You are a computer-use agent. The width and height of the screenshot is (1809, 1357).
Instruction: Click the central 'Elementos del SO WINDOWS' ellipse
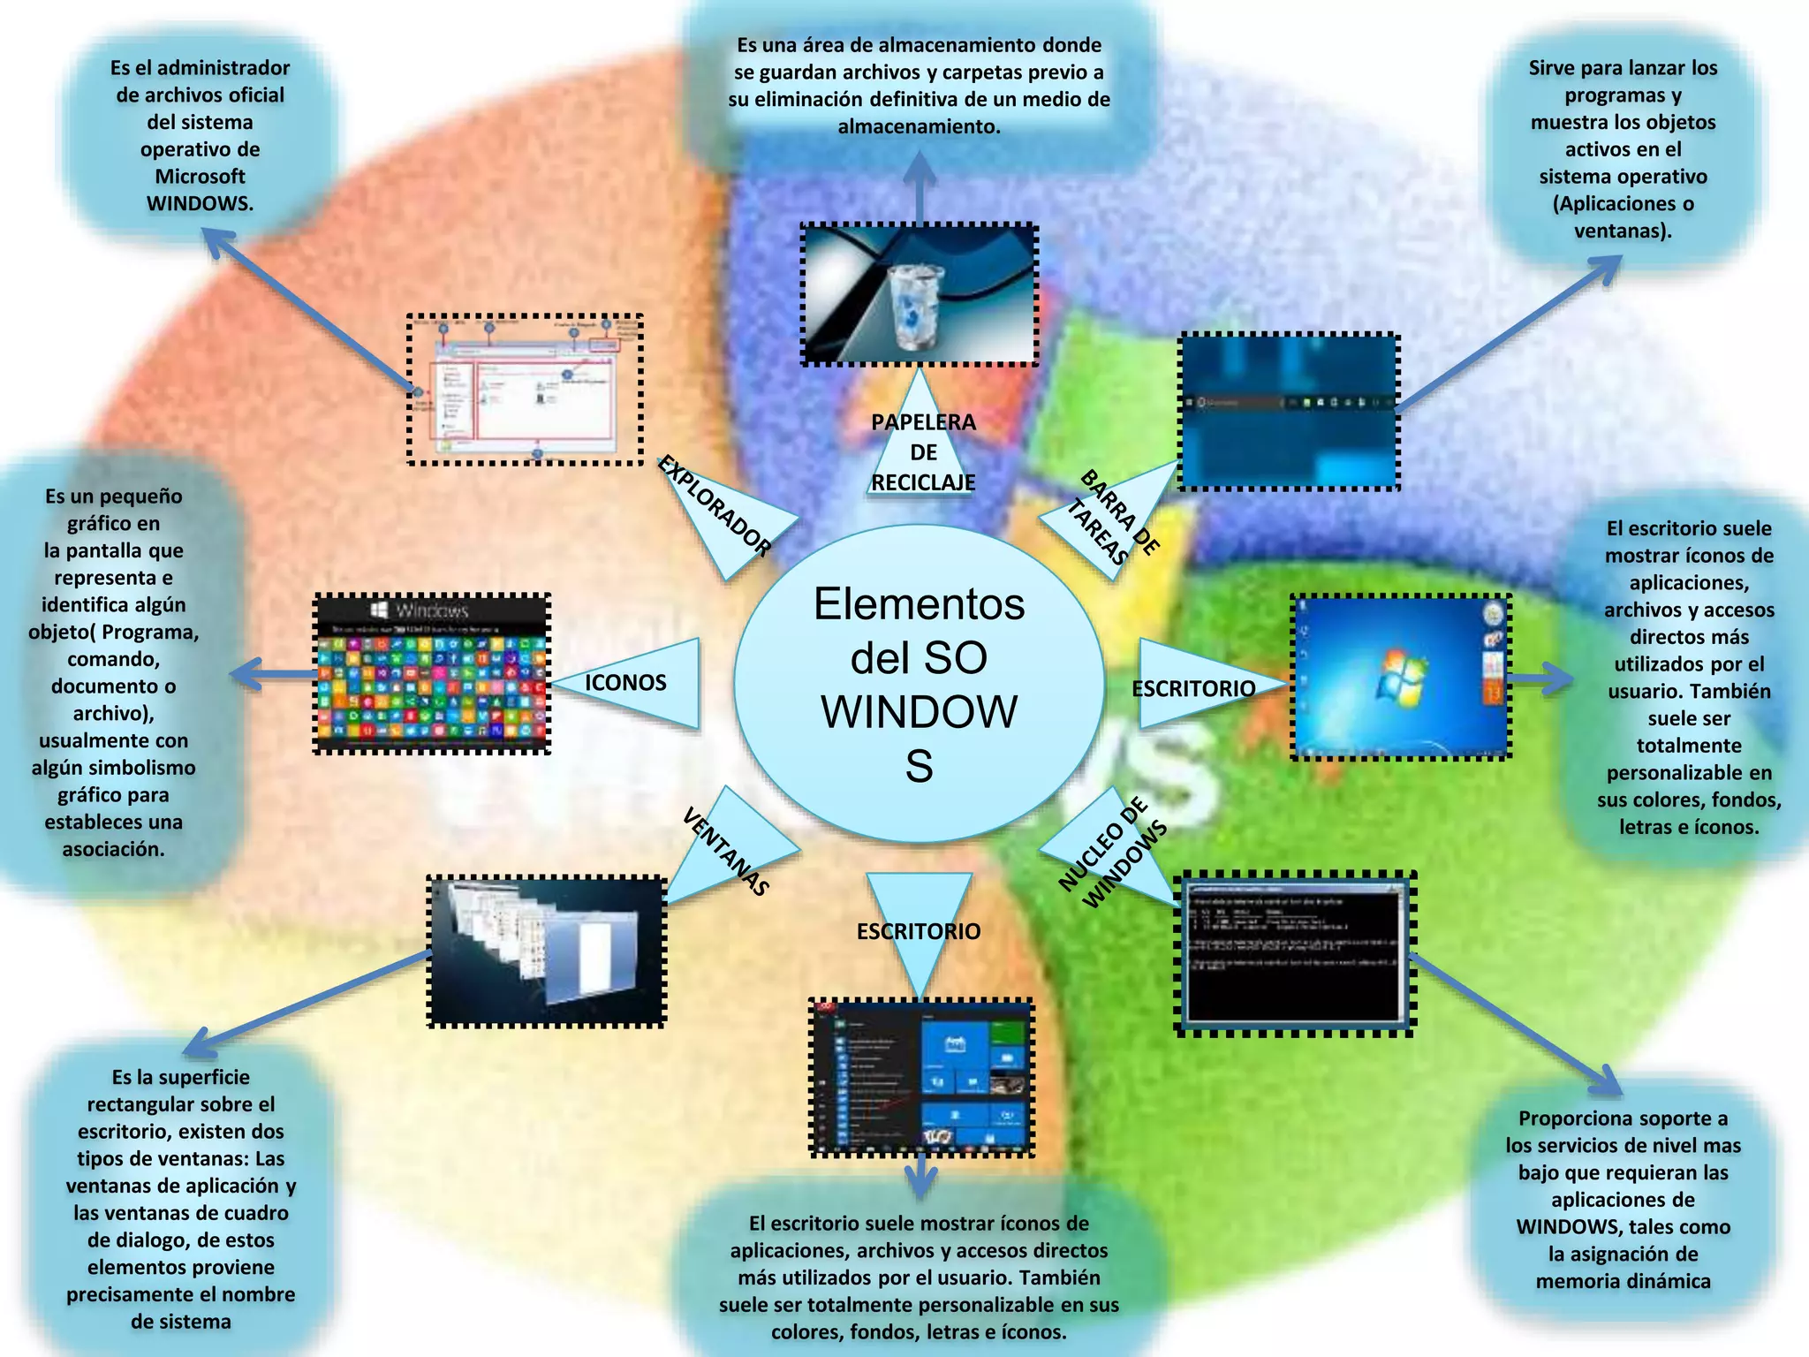tap(919, 683)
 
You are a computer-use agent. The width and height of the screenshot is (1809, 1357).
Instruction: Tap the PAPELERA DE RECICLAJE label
tap(923, 451)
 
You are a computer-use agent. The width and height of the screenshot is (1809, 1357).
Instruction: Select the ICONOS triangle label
tap(625, 682)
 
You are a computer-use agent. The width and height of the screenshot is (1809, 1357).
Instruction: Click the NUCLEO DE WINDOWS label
tap(1112, 853)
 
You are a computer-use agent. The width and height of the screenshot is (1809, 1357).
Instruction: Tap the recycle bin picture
tap(919, 295)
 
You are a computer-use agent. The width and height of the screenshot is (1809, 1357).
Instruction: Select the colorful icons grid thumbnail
tap(432, 674)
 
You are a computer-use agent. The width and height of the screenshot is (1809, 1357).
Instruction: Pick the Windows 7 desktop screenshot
tap(1401, 677)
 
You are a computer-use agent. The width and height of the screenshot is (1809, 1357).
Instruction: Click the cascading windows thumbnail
tap(547, 951)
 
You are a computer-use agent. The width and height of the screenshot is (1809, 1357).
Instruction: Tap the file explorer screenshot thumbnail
tap(525, 390)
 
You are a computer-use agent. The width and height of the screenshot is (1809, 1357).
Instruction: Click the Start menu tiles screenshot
tap(921, 1077)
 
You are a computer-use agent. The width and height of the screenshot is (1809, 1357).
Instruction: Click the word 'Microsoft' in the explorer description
tap(200, 176)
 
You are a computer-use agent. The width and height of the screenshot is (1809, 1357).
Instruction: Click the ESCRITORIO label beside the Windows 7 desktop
tap(1193, 688)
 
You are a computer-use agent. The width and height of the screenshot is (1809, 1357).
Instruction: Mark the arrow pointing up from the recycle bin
tap(920, 186)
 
